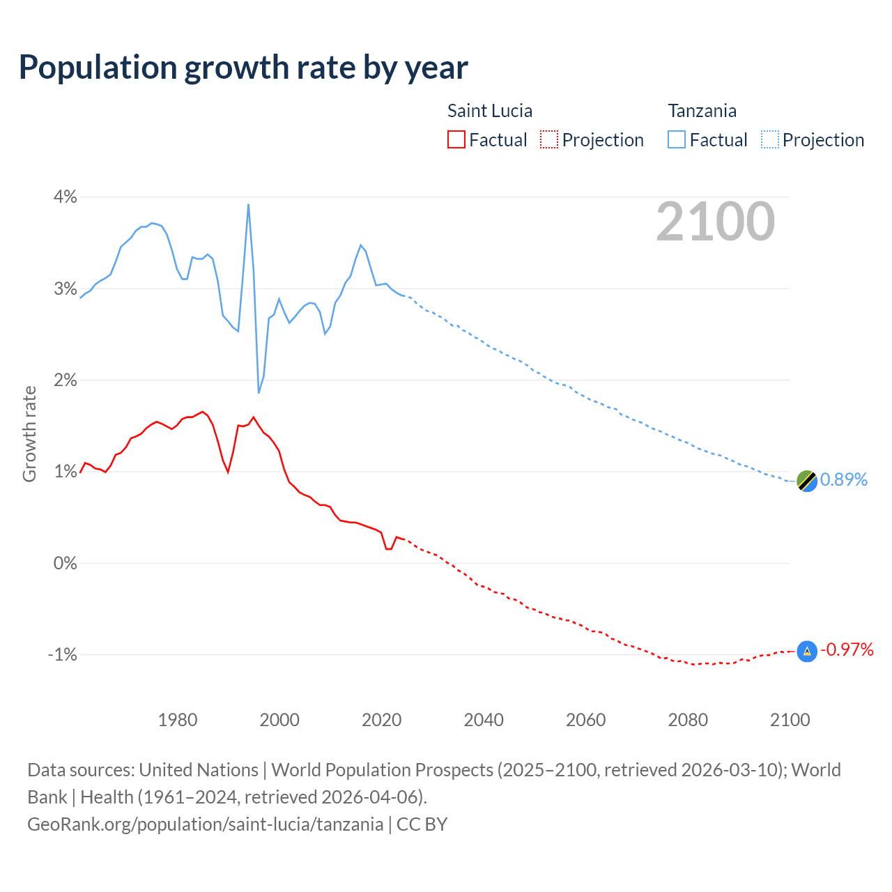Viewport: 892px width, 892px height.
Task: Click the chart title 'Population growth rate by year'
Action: (x=243, y=68)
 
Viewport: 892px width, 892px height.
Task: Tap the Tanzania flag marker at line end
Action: (x=806, y=480)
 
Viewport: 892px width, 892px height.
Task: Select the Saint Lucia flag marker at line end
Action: (x=806, y=652)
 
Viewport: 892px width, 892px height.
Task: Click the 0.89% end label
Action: (x=844, y=479)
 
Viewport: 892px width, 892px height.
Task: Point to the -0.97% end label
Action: (x=847, y=650)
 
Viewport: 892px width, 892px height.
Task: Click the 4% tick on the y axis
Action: (x=66, y=197)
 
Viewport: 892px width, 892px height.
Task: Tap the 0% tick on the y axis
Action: (x=66, y=563)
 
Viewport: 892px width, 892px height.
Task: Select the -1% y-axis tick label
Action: (x=63, y=654)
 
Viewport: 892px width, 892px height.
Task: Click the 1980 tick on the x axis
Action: (x=178, y=720)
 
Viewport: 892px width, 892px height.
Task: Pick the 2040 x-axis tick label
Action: (x=484, y=720)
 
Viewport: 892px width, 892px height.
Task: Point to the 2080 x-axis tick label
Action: (x=688, y=720)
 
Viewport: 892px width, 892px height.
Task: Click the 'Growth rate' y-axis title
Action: (x=29, y=433)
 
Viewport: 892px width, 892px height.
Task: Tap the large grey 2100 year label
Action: (x=715, y=222)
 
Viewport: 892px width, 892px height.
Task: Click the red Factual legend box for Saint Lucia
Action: (x=456, y=139)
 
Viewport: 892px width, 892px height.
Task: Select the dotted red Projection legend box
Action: (x=549, y=139)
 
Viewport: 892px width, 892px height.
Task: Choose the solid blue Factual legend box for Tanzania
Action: (x=677, y=139)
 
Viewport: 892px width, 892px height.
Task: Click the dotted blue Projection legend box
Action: (x=770, y=139)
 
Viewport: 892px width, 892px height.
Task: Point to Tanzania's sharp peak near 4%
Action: (x=248, y=205)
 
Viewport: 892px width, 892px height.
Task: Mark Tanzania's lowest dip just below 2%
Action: (x=259, y=392)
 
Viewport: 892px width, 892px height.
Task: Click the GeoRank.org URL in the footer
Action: (x=205, y=824)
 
